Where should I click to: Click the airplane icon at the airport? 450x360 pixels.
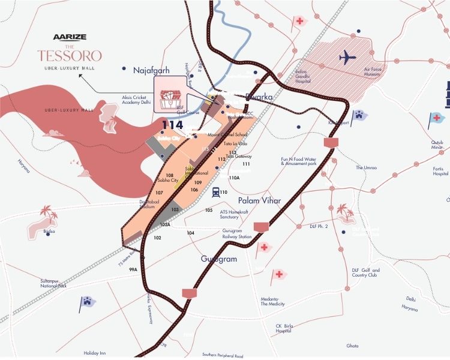coord(347,58)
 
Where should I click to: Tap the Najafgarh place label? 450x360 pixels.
coord(152,70)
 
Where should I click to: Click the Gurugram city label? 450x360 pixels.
coord(219,259)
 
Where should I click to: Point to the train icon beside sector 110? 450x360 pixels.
coord(214,192)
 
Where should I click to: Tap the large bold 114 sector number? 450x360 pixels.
coord(172,125)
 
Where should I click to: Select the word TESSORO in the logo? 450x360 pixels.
coord(69,55)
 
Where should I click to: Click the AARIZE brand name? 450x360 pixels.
coord(70,37)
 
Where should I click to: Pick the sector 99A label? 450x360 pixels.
coord(133,270)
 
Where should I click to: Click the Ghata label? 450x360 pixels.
coord(352,346)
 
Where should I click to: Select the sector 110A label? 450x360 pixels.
coord(234,178)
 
